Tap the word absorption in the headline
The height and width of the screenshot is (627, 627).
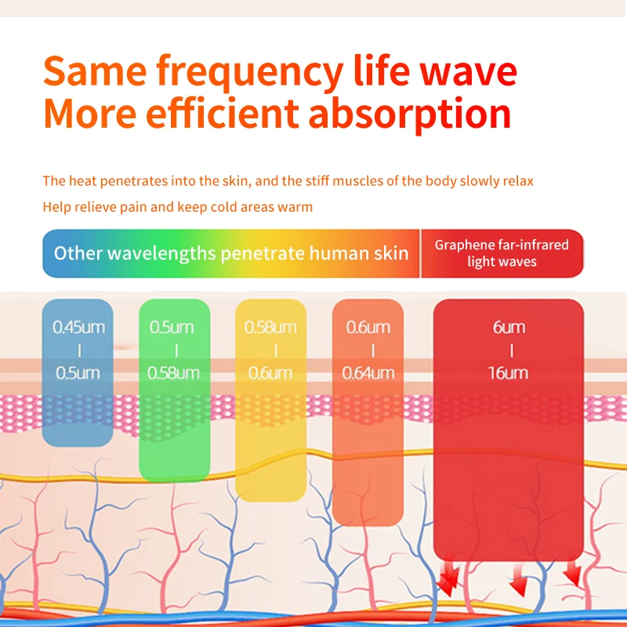pos(410,114)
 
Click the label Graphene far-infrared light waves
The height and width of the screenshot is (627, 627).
pos(502,253)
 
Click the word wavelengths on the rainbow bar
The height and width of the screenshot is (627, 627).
pos(162,253)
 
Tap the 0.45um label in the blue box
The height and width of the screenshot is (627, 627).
pos(79,328)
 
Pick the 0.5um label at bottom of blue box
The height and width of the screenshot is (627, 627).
pos(78,373)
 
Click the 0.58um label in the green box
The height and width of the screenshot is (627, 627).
pos(173,373)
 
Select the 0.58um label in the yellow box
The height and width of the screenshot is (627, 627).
pos(270,328)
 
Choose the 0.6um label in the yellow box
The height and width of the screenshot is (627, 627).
pos(270,373)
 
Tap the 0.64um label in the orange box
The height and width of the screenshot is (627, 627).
pos(368,373)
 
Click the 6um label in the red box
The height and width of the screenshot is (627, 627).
pos(509,328)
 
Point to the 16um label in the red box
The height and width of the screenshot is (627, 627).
pos(508,373)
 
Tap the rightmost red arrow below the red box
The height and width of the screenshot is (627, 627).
pos(573,574)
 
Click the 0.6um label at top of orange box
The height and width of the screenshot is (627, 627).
pos(368,328)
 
